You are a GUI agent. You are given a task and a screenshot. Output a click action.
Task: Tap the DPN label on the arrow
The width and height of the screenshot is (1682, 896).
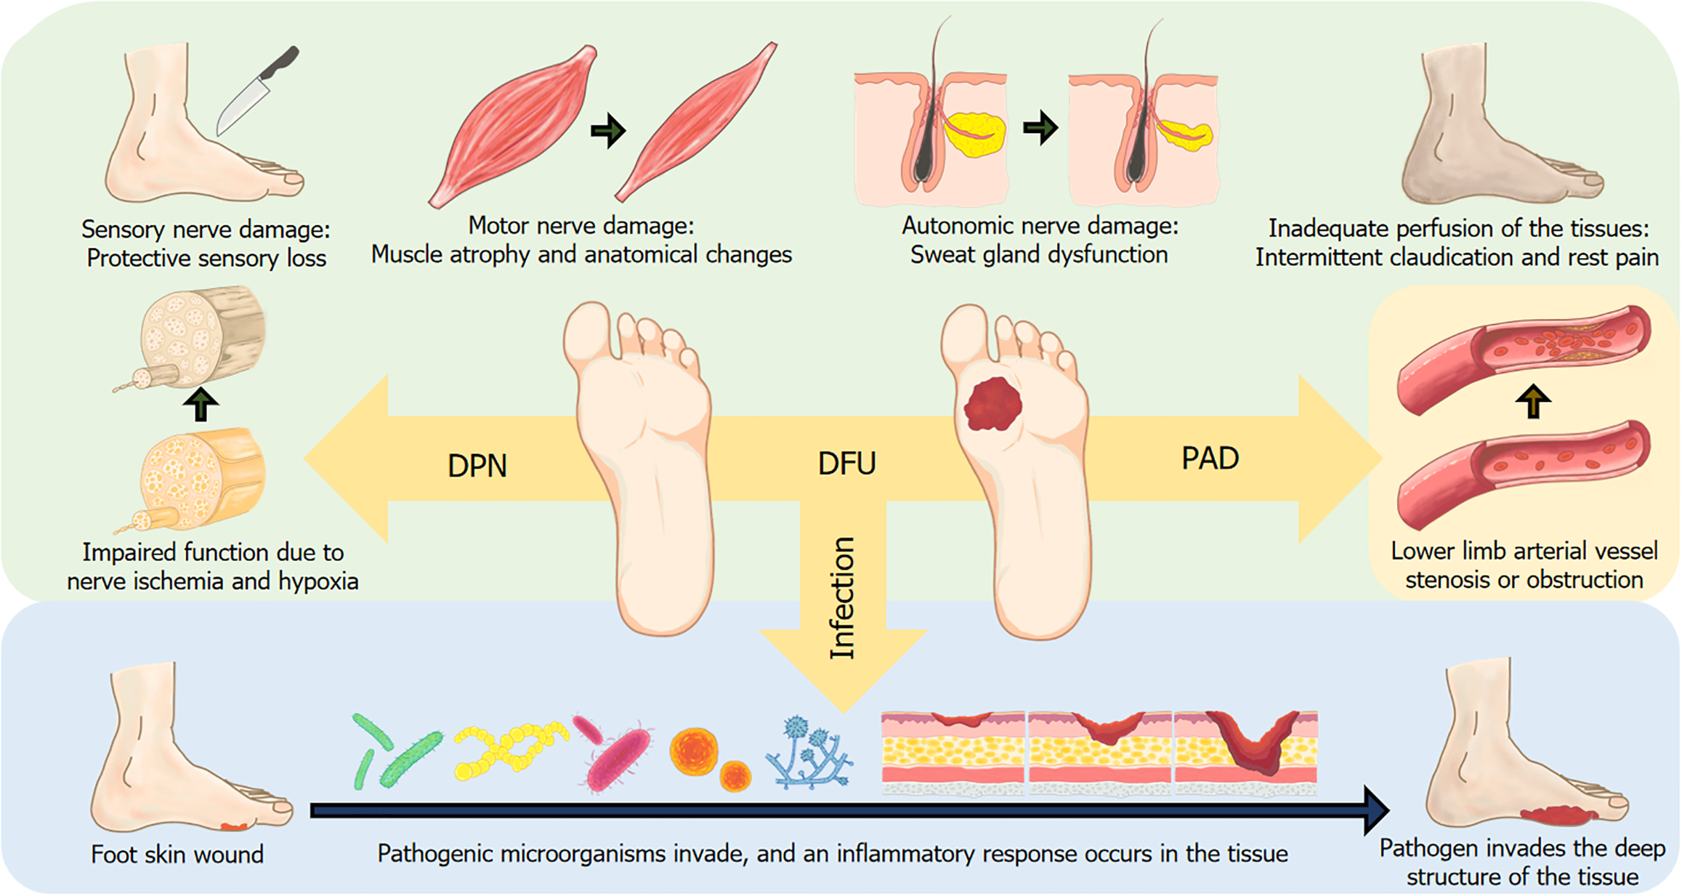click(477, 466)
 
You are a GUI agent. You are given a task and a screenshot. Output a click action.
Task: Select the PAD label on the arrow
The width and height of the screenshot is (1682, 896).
click(1210, 459)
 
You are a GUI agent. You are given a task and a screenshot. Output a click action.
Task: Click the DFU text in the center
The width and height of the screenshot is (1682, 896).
click(846, 464)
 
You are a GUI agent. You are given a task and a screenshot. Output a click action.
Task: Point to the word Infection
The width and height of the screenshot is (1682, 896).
click(842, 598)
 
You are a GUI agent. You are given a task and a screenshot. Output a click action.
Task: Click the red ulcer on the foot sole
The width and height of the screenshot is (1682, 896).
click(992, 404)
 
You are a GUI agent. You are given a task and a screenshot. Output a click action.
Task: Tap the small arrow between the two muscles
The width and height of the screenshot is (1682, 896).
click(607, 131)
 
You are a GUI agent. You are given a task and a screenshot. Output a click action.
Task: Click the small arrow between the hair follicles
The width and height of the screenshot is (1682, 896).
click(1040, 128)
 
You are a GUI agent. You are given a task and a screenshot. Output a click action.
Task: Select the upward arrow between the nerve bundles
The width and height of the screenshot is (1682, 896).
click(201, 404)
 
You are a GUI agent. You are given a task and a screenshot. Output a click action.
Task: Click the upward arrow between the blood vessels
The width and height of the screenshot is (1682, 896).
click(1533, 400)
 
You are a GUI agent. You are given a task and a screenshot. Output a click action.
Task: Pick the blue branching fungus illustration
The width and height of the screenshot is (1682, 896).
click(808, 754)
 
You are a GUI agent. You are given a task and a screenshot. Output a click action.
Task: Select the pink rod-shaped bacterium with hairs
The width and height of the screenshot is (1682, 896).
click(618, 756)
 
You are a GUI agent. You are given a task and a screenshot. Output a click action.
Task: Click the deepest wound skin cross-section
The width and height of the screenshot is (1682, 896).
click(1247, 752)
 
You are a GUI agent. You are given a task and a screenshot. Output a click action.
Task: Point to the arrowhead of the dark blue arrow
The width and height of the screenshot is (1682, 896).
click(1375, 810)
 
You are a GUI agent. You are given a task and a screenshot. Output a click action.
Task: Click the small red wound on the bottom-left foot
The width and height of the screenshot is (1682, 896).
click(234, 826)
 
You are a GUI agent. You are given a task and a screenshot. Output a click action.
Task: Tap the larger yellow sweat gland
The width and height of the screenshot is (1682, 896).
click(976, 134)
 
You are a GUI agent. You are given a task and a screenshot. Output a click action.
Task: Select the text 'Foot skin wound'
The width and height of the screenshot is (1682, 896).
click(177, 855)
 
